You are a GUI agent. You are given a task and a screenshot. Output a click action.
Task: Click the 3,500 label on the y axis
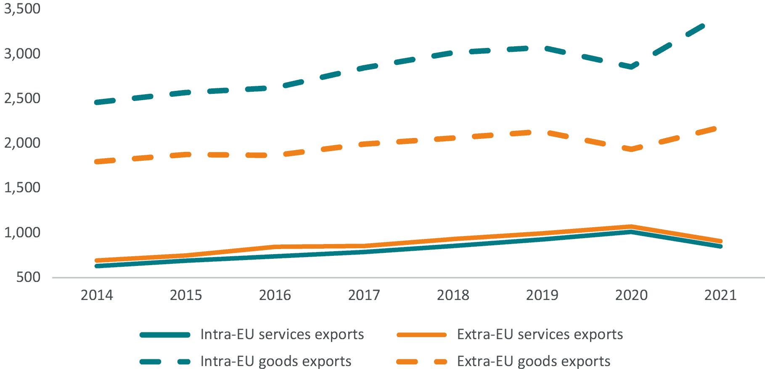pos(22,9)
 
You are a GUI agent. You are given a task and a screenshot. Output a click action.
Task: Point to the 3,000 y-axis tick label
pos(22,54)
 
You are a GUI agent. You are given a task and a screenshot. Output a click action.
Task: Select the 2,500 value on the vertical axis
pos(22,98)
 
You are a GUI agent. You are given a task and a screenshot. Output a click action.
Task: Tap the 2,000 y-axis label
pos(22,143)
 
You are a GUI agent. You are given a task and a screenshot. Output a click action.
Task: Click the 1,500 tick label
pos(22,188)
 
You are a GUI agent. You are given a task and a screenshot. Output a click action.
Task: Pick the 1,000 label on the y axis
pos(22,233)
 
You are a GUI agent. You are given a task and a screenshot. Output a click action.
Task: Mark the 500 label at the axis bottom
pos(29,277)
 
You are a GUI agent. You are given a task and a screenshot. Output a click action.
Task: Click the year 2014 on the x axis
pos(97,295)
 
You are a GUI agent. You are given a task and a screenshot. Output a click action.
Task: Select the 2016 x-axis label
pos(275,295)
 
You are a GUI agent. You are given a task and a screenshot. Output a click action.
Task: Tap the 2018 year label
pos(453,295)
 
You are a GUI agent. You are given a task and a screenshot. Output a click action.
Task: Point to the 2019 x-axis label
pos(542,295)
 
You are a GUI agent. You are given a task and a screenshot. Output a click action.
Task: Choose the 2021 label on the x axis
pos(720,295)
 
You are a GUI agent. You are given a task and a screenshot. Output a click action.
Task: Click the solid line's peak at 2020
pos(631,232)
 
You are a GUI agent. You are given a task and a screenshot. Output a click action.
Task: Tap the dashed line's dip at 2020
pos(631,66)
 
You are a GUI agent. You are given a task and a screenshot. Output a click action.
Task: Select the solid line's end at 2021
pos(720,247)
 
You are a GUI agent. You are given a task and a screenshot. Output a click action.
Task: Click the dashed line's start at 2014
pos(97,102)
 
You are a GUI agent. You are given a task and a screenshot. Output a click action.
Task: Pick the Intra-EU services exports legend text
pos(282,334)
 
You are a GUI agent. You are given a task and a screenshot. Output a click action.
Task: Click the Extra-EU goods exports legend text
pos(533,361)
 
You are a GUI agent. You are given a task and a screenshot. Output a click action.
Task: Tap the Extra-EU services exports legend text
pos(540,334)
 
